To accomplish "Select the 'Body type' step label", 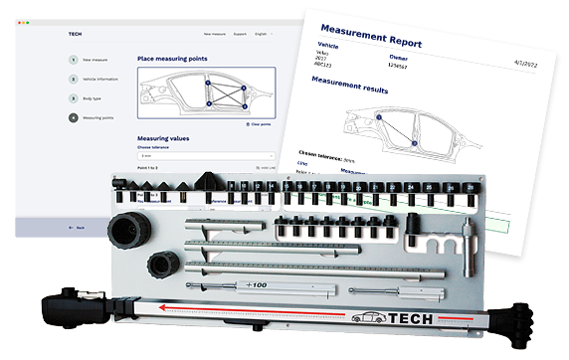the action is coord(95,98).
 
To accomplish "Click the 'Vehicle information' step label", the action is coord(102,79).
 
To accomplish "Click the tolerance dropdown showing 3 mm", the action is coord(205,156).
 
